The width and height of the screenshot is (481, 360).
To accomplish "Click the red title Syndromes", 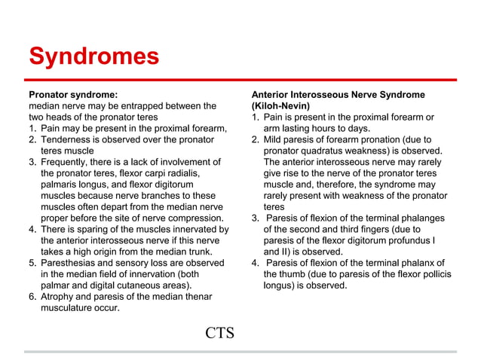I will pyautogui.click(x=93, y=57).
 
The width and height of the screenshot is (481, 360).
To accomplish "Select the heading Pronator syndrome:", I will pyautogui.click(x=72, y=95).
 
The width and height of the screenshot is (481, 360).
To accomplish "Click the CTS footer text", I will pyautogui.click(x=219, y=332).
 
